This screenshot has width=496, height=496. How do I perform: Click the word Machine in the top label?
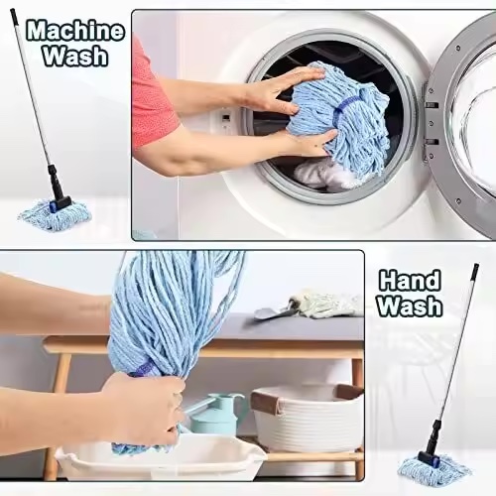tap(75, 32)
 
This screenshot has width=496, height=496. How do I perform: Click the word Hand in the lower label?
tap(410, 281)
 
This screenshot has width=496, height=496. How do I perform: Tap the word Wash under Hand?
tap(410, 306)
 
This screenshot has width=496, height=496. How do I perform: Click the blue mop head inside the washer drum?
tap(340, 119)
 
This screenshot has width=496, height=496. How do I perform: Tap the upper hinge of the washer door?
tap(432, 105)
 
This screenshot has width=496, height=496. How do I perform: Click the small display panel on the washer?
tap(226, 117)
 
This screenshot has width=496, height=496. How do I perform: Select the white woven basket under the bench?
tap(308, 419)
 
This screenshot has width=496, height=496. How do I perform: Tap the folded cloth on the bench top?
tap(325, 304)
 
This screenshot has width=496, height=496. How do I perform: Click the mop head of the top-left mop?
tap(55, 215)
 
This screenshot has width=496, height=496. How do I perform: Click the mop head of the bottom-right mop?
tap(434, 469)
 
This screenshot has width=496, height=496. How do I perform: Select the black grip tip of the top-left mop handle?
tap(14, 15)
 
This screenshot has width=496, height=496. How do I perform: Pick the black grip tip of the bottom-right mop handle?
tap(475, 271)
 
